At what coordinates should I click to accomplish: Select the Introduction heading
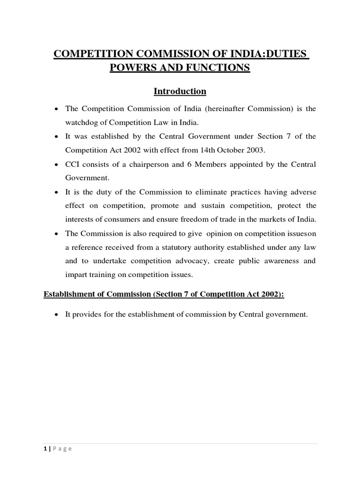pos(180,91)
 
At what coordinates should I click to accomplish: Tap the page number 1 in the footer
pos(45,449)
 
